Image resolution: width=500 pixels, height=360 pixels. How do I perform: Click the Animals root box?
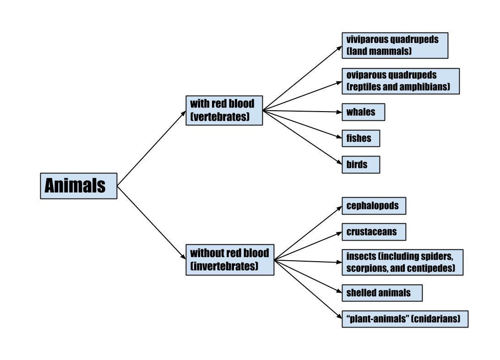click(x=79, y=186)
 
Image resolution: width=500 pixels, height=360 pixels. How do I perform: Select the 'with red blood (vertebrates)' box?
click(x=224, y=110)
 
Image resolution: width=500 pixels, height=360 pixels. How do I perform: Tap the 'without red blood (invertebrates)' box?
click(x=230, y=260)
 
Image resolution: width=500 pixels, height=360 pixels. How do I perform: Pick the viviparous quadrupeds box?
click(x=395, y=45)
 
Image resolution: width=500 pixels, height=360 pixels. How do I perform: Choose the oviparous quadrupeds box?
click(x=401, y=81)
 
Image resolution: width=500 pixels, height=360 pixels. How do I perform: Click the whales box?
click(x=363, y=112)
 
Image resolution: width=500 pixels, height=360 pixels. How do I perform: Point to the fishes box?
click(x=361, y=138)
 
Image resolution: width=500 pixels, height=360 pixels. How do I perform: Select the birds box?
click(x=361, y=164)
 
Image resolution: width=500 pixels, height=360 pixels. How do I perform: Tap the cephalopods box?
click(x=374, y=206)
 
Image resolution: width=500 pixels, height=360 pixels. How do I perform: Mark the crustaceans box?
click(x=374, y=232)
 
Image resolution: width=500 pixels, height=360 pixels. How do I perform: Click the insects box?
click(x=402, y=262)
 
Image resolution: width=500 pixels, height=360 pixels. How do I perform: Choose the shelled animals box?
click(x=382, y=293)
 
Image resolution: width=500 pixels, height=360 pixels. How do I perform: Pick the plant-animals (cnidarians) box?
click(x=405, y=319)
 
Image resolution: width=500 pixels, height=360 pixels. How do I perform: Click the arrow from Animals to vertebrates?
click(x=151, y=148)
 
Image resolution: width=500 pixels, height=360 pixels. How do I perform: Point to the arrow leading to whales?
click(x=302, y=111)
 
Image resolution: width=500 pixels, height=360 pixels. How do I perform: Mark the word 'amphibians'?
click(x=427, y=87)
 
